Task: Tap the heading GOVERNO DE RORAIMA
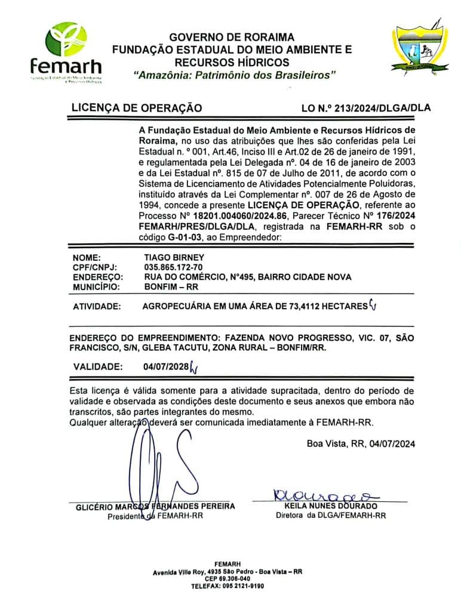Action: point(231,38)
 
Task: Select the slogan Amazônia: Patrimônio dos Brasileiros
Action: point(235,75)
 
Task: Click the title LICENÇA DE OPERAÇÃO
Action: point(137,108)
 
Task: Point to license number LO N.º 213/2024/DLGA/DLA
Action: point(367,109)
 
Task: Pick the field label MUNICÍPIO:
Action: point(97,286)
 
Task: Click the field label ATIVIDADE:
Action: point(97,307)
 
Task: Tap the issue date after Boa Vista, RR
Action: point(392,443)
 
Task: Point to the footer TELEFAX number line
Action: point(227,587)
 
